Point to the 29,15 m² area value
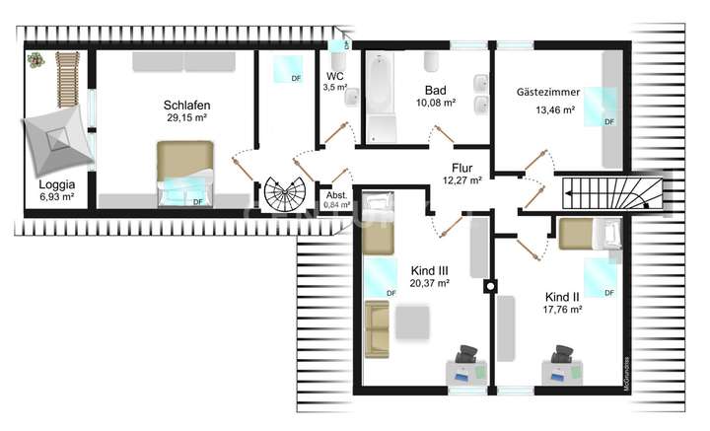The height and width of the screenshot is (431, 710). click(x=187, y=117)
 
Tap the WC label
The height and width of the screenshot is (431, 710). click(x=334, y=75)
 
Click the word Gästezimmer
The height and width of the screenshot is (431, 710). click(x=547, y=92)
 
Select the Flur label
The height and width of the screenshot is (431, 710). click(x=461, y=168)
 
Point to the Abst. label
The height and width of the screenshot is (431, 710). click(x=335, y=195)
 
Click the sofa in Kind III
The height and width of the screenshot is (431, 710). click(x=378, y=329)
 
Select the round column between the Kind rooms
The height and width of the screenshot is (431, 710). click(x=490, y=287)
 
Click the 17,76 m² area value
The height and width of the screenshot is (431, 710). click(x=562, y=309)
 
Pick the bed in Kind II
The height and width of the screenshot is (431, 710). click(x=586, y=235)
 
